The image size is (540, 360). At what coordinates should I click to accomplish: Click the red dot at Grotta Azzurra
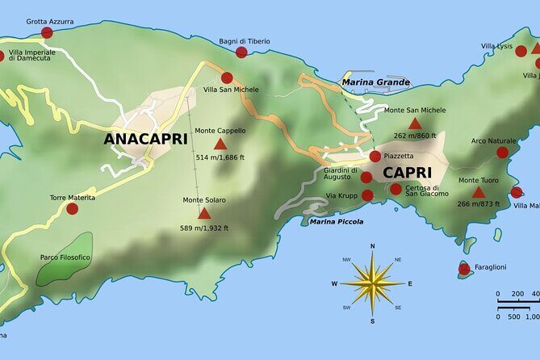pyautogui.click(x=47, y=33)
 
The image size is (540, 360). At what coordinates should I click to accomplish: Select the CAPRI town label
pyautogui.click(x=407, y=173)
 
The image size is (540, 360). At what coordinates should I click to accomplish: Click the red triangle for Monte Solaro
pyautogui.click(x=204, y=214)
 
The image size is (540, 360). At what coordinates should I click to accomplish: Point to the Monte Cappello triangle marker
pyautogui.click(x=220, y=144)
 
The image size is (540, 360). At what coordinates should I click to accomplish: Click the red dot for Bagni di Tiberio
pyautogui.click(x=241, y=52)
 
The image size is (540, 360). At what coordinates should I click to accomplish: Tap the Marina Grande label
pyautogui.click(x=375, y=82)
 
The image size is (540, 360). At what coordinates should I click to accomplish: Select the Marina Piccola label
pyautogui.click(x=336, y=221)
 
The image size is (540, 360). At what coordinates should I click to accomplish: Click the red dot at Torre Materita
pyautogui.click(x=72, y=208)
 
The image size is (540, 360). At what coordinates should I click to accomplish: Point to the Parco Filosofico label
pyautogui.click(x=65, y=257)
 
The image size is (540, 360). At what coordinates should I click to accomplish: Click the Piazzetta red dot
pyautogui.click(x=375, y=156)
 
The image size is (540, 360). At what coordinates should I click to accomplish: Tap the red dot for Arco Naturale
pyautogui.click(x=502, y=152)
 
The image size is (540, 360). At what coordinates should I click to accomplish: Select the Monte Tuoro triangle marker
pyautogui.click(x=478, y=192)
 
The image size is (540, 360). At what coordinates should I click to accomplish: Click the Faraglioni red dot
pyautogui.click(x=464, y=269)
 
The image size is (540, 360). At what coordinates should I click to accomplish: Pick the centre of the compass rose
pyautogui.click(x=372, y=283)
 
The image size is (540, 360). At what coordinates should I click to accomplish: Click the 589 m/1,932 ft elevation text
pyautogui.click(x=204, y=228)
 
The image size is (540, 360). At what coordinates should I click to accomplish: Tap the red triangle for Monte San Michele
pyautogui.click(x=415, y=123)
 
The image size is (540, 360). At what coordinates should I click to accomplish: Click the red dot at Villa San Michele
pyautogui.click(x=227, y=78)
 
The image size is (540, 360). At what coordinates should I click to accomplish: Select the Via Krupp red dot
pyautogui.click(x=368, y=195)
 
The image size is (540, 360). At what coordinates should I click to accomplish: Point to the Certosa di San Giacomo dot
pyautogui.click(x=396, y=189)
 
